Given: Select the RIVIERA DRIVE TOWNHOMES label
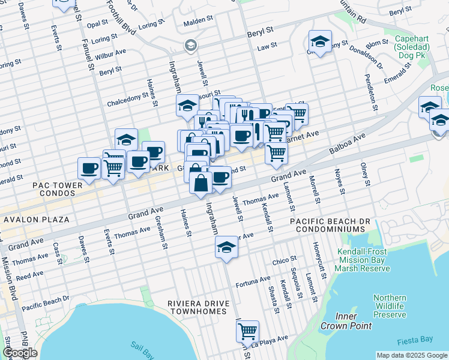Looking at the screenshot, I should click(198, 307).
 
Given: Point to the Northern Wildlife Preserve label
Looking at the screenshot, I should click(390, 306).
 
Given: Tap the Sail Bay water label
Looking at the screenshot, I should click(143, 347).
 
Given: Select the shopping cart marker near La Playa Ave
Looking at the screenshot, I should click(247, 331).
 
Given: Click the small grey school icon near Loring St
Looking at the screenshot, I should click(190, 45).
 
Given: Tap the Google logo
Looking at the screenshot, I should click(19, 353).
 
